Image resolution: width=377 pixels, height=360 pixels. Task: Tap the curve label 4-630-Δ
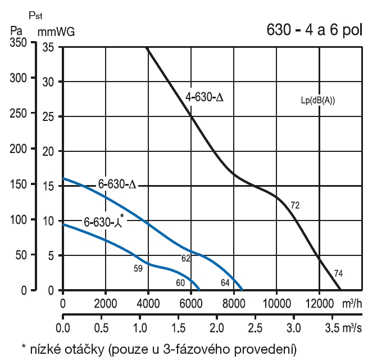click(x=205, y=98)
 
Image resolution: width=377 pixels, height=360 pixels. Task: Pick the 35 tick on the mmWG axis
click(x=48, y=48)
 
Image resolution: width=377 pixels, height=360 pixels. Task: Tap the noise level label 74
click(x=338, y=274)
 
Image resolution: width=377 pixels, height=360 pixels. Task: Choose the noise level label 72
click(x=295, y=206)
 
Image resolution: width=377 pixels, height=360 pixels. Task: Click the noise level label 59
click(x=138, y=268)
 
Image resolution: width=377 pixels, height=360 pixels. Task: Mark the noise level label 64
click(x=225, y=282)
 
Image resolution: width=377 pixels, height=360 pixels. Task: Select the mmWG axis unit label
click(x=56, y=31)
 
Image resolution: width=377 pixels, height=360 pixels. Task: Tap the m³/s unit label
click(x=353, y=327)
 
